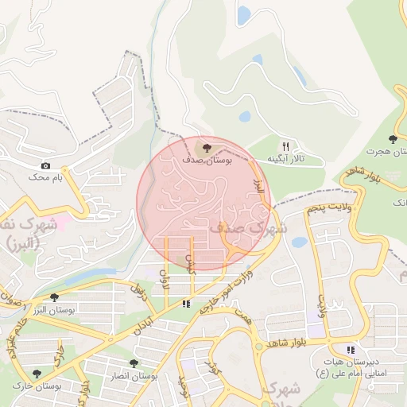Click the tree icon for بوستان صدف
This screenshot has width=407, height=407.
(207, 147)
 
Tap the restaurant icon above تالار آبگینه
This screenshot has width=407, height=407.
(285, 146)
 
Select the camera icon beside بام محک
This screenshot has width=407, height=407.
(45, 165)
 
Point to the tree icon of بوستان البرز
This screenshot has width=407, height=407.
(54, 297)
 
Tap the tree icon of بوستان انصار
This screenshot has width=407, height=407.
(134, 362)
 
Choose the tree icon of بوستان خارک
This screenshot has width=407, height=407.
(37, 373)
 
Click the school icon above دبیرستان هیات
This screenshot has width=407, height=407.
(351, 349)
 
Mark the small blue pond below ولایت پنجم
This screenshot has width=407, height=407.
(300, 242)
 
